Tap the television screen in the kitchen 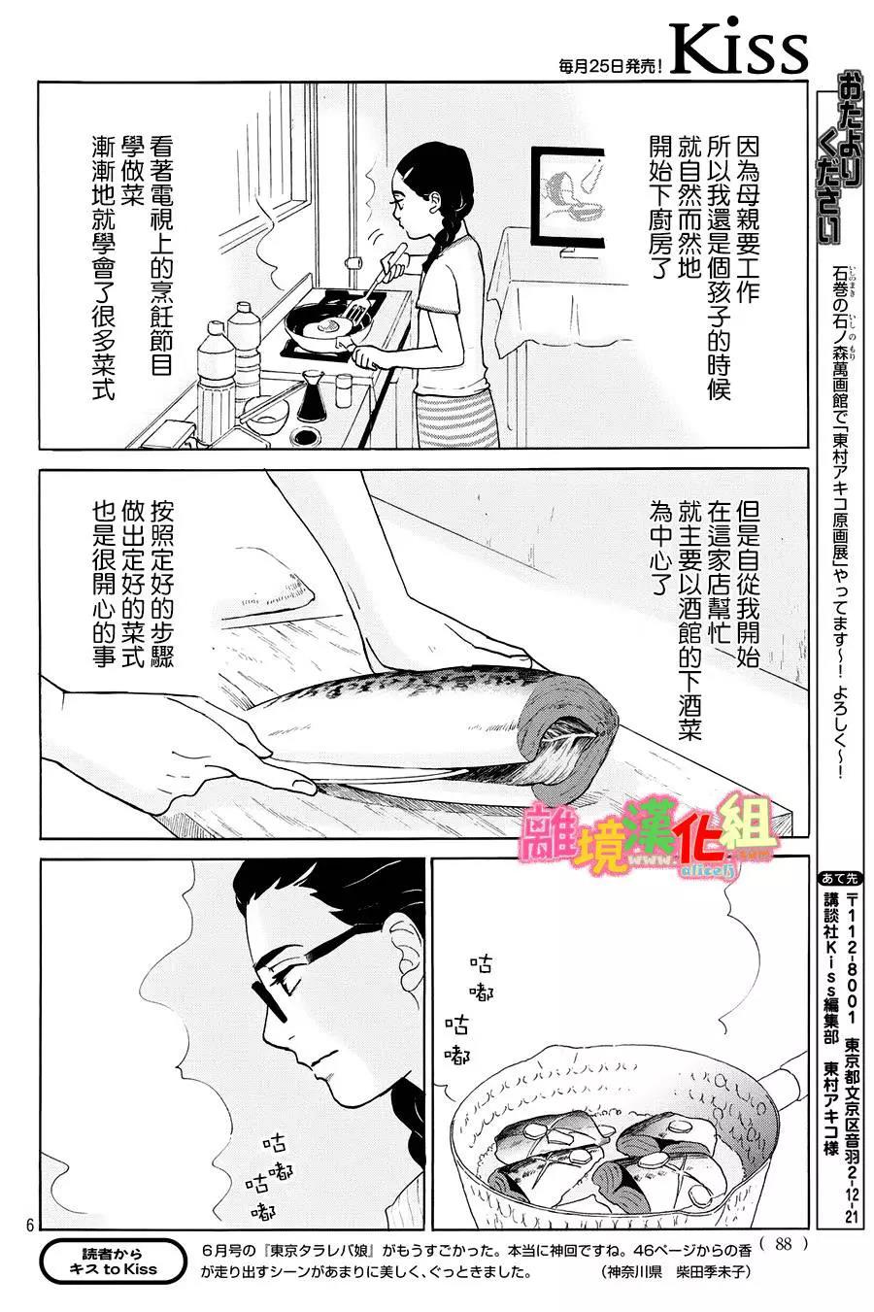tap(568, 196)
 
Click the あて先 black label tap(839, 879)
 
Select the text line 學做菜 tap(133, 171)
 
